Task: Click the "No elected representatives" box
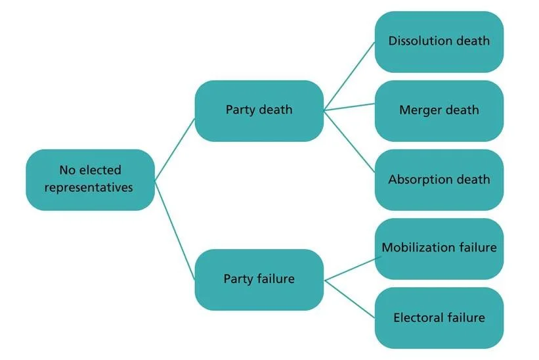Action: click(x=91, y=179)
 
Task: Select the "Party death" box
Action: click(x=259, y=110)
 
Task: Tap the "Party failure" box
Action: click(x=259, y=279)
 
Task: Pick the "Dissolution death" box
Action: click(x=439, y=41)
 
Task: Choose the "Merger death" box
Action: click(x=439, y=110)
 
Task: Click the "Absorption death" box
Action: click(x=439, y=179)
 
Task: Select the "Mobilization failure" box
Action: click(x=439, y=248)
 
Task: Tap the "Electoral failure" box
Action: click(x=439, y=318)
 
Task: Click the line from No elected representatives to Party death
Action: click(x=175, y=148)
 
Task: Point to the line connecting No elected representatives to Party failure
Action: click(x=175, y=229)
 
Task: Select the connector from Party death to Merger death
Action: click(x=349, y=106)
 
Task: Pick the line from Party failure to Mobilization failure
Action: click(x=349, y=267)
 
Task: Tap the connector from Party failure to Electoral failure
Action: click(x=349, y=296)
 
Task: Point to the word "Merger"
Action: click(x=421, y=110)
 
